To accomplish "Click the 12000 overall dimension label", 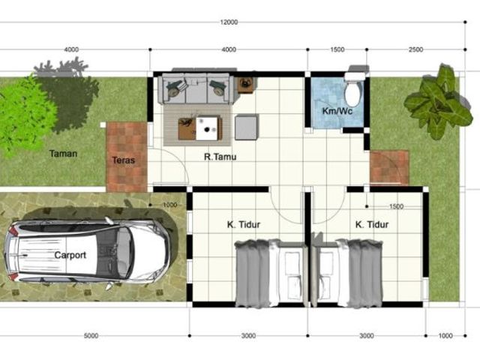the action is [x=229, y=22].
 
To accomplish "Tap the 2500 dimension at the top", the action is [x=415, y=49].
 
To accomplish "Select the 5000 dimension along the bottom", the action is [x=91, y=335].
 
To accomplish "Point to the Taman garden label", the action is [x=63, y=153].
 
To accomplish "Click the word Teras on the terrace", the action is [x=123, y=160].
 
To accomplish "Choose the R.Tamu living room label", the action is [x=220, y=157].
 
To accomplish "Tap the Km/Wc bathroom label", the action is [x=337, y=110].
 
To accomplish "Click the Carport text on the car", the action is [x=70, y=255].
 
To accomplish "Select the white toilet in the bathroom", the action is [x=353, y=88].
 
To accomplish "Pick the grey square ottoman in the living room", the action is [x=246, y=127].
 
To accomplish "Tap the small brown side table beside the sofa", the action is [x=246, y=85].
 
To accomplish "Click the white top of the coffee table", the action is [x=208, y=128].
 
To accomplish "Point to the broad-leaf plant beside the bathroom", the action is [x=438, y=103].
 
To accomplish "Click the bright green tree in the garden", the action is [x=26, y=115].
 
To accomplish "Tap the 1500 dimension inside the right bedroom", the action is [x=396, y=207].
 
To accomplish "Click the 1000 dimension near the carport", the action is [x=170, y=205].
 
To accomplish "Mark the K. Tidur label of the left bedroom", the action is [x=243, y=224].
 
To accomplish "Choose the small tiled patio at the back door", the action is [x=389, y=167].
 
